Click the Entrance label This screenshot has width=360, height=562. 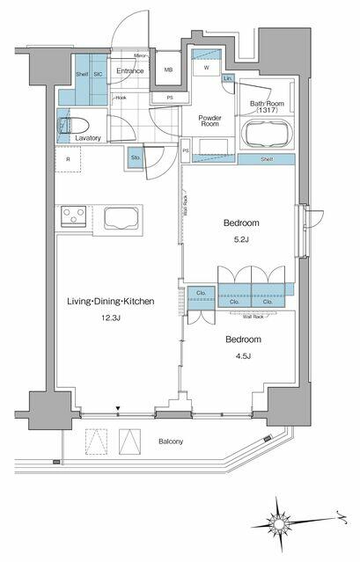tap(130, 71)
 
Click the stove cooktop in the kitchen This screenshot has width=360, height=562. tap(71, 216)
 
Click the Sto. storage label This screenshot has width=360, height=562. tap(136, 159)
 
